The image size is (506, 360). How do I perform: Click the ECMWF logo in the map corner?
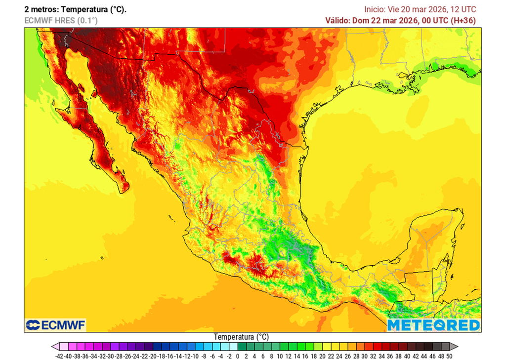(55, 324)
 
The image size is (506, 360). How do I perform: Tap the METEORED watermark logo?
(433, 325)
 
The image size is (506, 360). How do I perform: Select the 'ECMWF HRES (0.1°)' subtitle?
(61, 20)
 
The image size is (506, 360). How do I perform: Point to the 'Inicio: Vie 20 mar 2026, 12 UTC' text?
(420, 9)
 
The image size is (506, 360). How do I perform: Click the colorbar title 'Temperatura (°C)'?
(241, 337)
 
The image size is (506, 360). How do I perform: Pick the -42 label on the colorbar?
(59, 356)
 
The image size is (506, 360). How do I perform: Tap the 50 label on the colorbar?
(449, 356)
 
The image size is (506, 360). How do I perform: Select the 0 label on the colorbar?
(238, 356)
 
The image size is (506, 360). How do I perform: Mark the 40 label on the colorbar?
(407, 356)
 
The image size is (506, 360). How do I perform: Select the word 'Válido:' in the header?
(337, 20)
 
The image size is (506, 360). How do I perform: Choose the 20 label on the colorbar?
(322, 356)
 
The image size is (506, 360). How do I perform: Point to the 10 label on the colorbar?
(280, 356)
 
